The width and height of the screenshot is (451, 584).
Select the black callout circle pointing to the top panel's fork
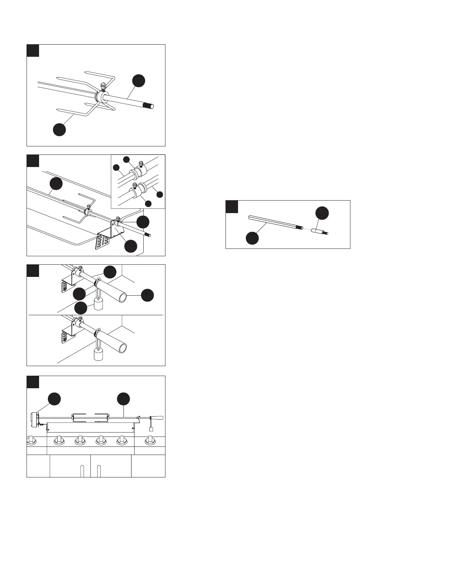pos(59,130)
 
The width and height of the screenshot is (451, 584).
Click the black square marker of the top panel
pos(33,50)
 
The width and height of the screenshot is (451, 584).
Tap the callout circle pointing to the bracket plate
pos(131,246)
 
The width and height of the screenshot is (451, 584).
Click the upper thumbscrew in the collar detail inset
pos(140,163)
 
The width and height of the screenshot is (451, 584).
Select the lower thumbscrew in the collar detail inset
pos(134,185)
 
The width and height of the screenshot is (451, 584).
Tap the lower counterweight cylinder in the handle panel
pos(98,355)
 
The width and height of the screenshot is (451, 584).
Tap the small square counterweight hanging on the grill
pos(151,429)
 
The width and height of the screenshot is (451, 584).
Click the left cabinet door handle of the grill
pos(82,472)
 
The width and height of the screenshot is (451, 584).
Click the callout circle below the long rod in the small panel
pos(253,238)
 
